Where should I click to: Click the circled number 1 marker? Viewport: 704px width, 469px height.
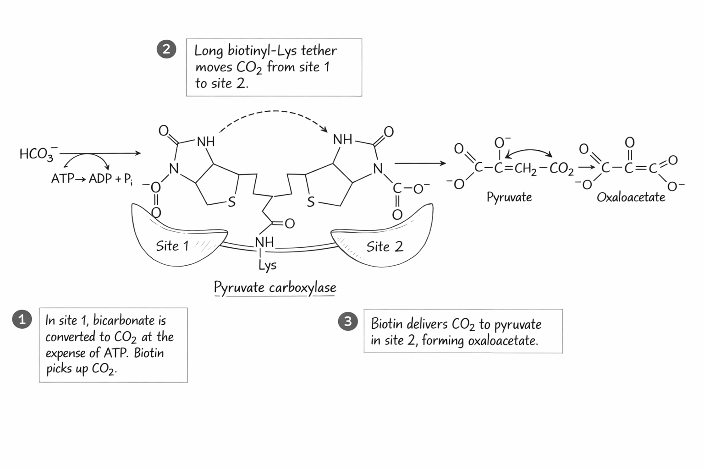point(22,319)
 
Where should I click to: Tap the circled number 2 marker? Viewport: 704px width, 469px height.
point(166,49)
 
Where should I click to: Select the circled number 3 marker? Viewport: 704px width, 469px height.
point(347,321)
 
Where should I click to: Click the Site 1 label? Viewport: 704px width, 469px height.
point(172,246)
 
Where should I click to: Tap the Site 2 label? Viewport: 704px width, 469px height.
point(385,247)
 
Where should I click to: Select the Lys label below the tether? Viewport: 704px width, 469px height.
point(267,265)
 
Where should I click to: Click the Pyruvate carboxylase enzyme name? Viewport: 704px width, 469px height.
point(275,288)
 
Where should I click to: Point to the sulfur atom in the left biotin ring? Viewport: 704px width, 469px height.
point(231,202)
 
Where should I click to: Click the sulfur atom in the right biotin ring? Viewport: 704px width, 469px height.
point(311,202)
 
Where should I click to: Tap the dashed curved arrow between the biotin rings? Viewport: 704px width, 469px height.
point(273,112)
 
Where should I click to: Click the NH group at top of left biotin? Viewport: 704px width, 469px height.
point(205,142)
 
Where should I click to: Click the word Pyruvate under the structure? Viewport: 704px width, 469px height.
point(509,197)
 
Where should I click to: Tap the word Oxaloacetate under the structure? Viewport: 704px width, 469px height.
point(631,197)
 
